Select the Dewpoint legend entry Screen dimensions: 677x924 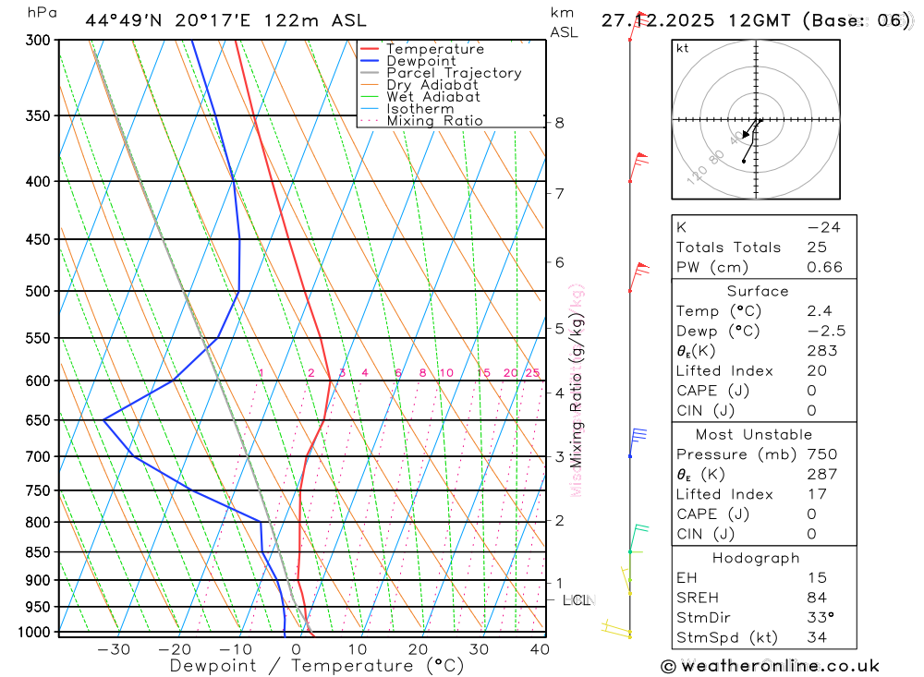(x=420, y=61)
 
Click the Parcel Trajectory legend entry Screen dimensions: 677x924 (x=454, y=73)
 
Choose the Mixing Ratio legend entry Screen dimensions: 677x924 (x=434, y=121)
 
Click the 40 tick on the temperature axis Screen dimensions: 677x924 (x=540, y=649)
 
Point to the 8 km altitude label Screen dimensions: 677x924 (x=559, y=123)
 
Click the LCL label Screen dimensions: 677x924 (x=576, y=601)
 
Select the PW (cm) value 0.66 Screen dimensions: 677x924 (x=824, y=268)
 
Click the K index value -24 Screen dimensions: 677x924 (x=823, y=227)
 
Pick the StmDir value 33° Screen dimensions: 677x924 (x=820, y=618)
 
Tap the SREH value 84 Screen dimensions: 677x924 (x=816, y=598)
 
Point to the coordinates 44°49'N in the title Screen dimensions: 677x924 (x=124, y=20)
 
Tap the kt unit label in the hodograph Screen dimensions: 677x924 (x=683, y=49)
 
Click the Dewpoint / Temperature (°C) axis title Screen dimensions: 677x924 (x=316, y=666)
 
